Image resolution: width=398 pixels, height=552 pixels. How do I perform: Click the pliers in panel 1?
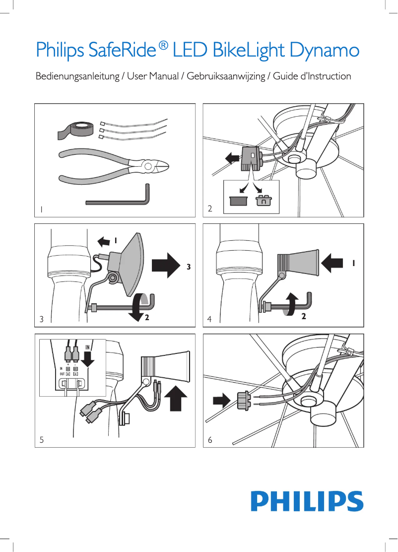point(114,166)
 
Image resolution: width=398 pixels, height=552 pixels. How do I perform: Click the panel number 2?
point(210,209)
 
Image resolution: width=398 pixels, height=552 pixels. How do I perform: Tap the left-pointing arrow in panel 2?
point(231,158)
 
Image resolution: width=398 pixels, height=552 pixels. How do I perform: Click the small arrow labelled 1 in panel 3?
point(104,241)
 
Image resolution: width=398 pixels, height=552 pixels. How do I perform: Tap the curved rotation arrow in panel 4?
point(291,304)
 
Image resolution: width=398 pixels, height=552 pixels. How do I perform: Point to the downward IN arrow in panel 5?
point(88,357)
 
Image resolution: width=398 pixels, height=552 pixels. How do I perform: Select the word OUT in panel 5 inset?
point(62,374)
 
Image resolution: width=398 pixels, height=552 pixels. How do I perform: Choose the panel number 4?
point(210,320)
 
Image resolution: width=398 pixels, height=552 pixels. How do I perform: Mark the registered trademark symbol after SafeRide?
point(163,46)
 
